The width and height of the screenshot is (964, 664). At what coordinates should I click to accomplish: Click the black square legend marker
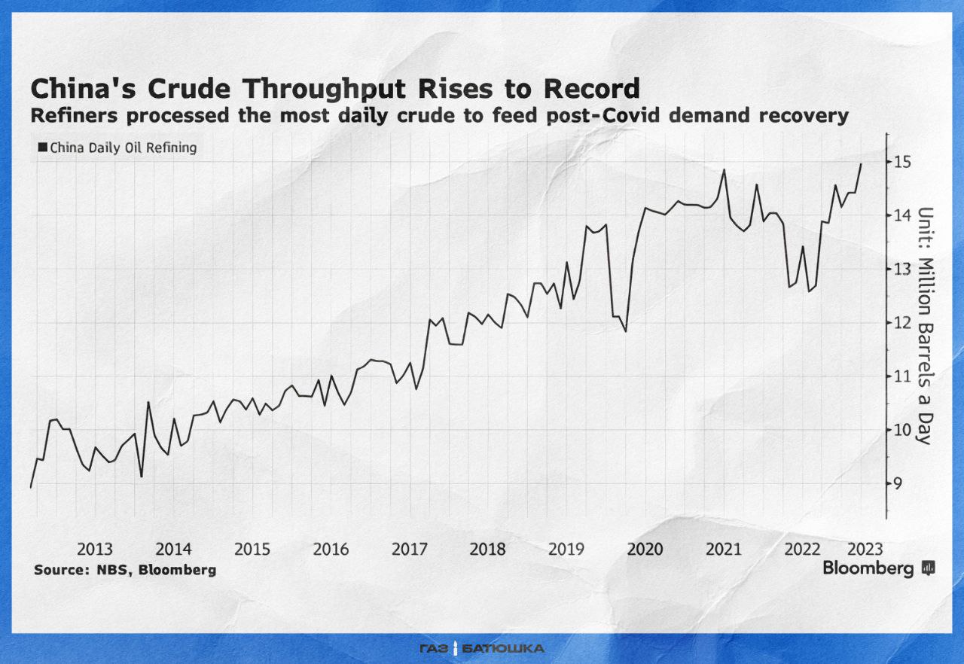point(42,148)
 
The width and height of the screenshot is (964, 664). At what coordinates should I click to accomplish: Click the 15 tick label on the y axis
point(903,162)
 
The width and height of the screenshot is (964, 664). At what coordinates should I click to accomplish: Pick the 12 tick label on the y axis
point(903,323)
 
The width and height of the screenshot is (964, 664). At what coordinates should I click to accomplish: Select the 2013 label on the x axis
point(95,549)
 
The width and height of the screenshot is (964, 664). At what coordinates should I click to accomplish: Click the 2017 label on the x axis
point(408,549)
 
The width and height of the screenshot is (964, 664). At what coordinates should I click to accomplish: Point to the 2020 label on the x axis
point(645,549)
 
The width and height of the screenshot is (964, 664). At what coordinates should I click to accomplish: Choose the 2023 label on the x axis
point(865,549)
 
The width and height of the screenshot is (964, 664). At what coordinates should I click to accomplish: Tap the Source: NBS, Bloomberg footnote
point(125,570)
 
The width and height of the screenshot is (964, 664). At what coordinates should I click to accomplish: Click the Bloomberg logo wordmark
point(868,568)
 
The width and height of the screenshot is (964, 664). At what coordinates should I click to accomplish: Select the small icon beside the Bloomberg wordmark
point(929,568)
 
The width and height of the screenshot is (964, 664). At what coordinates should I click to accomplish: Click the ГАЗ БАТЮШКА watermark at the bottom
point(482,648)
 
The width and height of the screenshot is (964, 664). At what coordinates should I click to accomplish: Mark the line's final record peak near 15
point(862,164)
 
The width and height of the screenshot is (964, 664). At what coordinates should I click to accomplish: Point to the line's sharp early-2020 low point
point(626,331)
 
